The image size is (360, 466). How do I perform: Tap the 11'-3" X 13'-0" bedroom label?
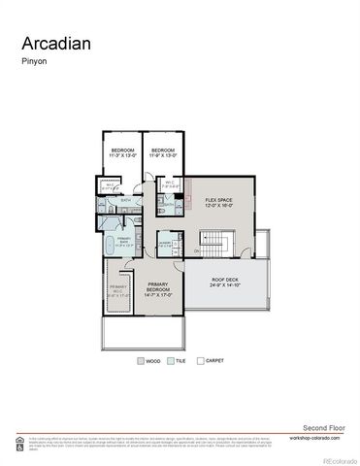(121, 151)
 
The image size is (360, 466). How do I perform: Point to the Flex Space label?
(219, 203)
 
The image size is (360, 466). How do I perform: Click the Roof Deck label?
(225, 283)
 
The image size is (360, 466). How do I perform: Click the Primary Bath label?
(124, 243)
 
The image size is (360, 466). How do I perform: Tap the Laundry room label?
(165, 245)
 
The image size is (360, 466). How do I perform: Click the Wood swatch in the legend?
(140, 360)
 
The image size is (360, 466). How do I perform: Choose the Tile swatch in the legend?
(171, 360)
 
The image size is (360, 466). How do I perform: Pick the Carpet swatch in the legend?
(200, 360)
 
